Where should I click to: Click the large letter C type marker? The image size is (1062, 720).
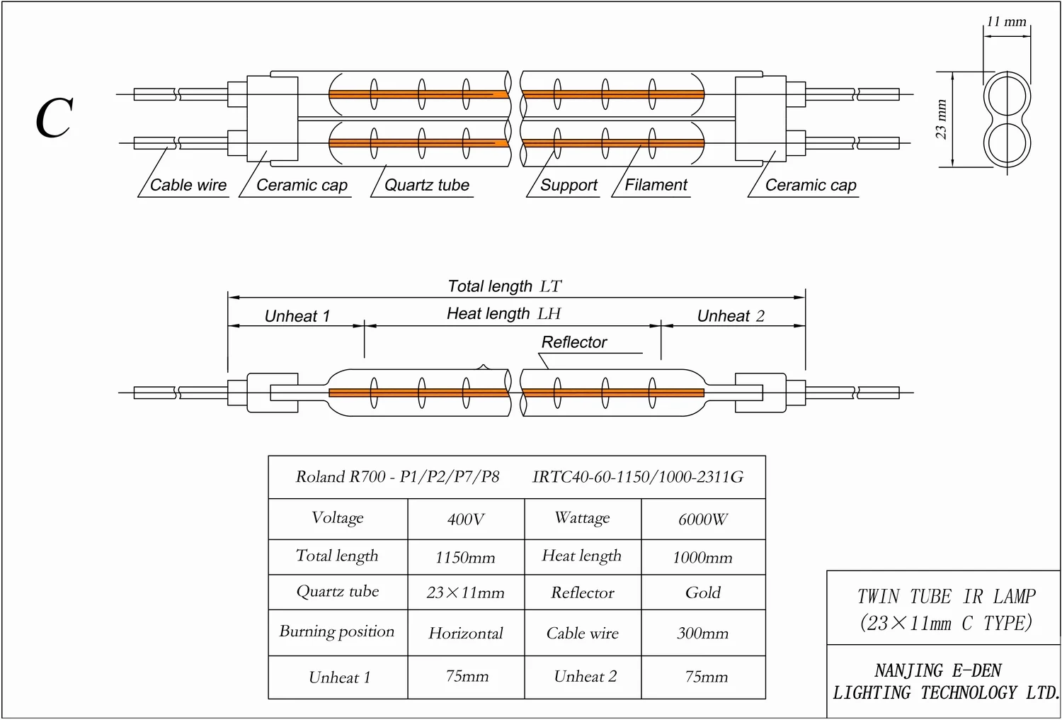(55, 118)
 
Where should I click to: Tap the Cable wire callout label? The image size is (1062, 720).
(188, 186)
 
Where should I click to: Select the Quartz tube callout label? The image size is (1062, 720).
(427, 186)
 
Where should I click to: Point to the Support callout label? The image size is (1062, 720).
(569, 186)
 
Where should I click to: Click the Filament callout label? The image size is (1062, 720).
(656, 185)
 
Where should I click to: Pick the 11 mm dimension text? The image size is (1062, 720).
(1006, 22)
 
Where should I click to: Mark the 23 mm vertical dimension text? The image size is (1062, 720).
(941, 119)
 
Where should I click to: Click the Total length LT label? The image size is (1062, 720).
(504, 286)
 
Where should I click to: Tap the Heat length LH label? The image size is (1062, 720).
(503, 313)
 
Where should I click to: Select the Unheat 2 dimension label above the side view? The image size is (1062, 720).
(731, 316)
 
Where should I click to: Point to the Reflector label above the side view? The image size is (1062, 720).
(574, 342)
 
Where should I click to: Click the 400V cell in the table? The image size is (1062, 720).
(466, 519)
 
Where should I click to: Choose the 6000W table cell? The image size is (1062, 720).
(702, 519)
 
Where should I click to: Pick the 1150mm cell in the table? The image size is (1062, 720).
(465, 558)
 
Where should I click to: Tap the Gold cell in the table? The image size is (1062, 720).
(702, 592)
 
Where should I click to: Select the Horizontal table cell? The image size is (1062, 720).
(466, 633)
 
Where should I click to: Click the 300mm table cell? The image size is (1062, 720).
(702, 633)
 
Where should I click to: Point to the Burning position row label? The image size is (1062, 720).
(337, 631)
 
